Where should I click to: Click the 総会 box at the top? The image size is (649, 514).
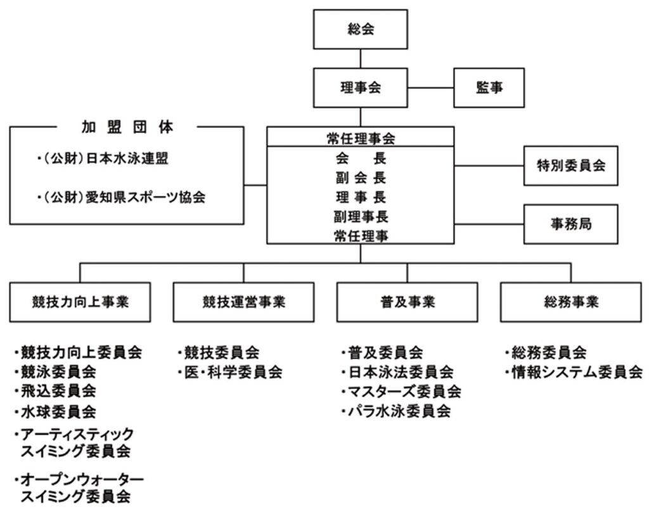click(x=361, y=30)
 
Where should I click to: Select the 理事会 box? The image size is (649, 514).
click(x=361, y=88)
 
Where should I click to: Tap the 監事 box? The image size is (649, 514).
click(x=489, y=88)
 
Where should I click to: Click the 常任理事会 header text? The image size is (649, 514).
click(x=360, y=136)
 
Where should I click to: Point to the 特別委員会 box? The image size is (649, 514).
click(x=570, y=165)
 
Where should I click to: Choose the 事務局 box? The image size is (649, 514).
click(x=570, y=224)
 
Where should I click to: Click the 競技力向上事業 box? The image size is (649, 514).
click(x=79, y=302)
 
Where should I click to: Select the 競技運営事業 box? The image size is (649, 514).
click(x=243, y=302)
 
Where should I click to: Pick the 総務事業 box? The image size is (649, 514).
click(x=571, y=302)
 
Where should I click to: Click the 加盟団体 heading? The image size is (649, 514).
click(x=127, y=127)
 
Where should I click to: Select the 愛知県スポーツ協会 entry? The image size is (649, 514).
click(x=120, y=197)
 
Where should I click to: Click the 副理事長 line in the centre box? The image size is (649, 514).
click(x=360, y=217)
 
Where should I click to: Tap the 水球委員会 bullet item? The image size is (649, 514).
click(x=58, y=412)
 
